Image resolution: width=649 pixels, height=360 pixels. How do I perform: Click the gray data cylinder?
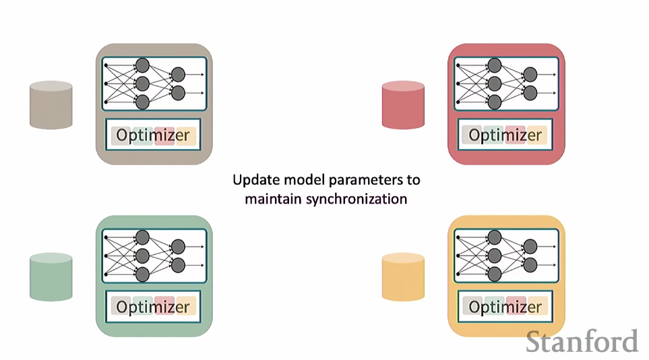[51, 104]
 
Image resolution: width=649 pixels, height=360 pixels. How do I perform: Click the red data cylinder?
[403, 104]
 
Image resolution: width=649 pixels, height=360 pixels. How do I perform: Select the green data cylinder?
[51, 276]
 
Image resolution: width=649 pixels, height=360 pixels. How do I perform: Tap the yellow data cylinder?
[403, 276]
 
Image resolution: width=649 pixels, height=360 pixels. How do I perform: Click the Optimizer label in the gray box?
[153, 135]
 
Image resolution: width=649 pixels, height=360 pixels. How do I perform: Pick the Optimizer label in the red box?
[505, 135]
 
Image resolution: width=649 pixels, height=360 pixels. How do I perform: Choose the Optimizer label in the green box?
[153, 307]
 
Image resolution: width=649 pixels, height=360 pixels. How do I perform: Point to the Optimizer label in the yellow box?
[505, 307]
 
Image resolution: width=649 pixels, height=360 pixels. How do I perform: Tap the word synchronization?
[357, 200]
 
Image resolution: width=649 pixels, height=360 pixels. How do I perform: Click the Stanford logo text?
[582, 342]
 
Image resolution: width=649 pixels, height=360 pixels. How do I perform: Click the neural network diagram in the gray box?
[154, 84]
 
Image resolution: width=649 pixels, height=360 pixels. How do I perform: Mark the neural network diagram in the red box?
[506, 84]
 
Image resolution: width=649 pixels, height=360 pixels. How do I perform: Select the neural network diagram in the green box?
[154, 256]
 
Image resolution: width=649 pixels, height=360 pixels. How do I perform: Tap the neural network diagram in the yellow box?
[506, 256]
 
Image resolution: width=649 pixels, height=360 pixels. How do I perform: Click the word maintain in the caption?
[273, 200]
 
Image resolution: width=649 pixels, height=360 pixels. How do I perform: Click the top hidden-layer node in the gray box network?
[142, 65]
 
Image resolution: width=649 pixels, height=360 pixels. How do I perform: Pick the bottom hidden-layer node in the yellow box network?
[495, 274]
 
